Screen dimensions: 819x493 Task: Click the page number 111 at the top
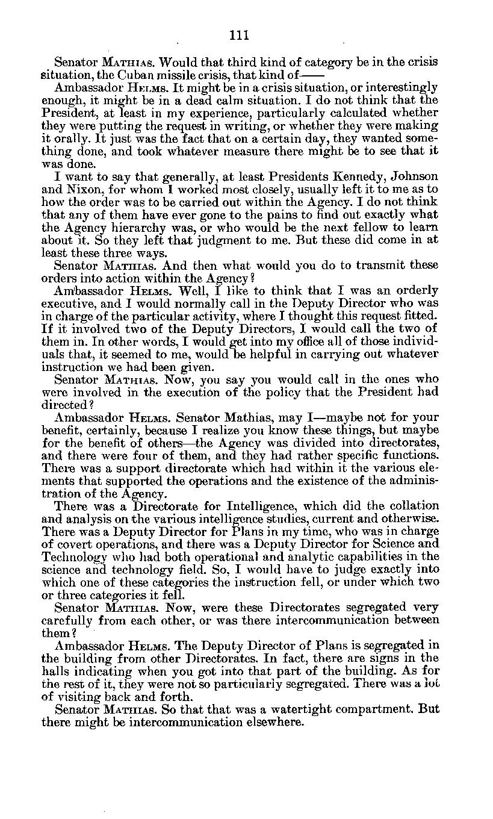pyautogui.click(x=239, y=35)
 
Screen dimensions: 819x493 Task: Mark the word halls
pyautogui.click(x=56, y=670)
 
